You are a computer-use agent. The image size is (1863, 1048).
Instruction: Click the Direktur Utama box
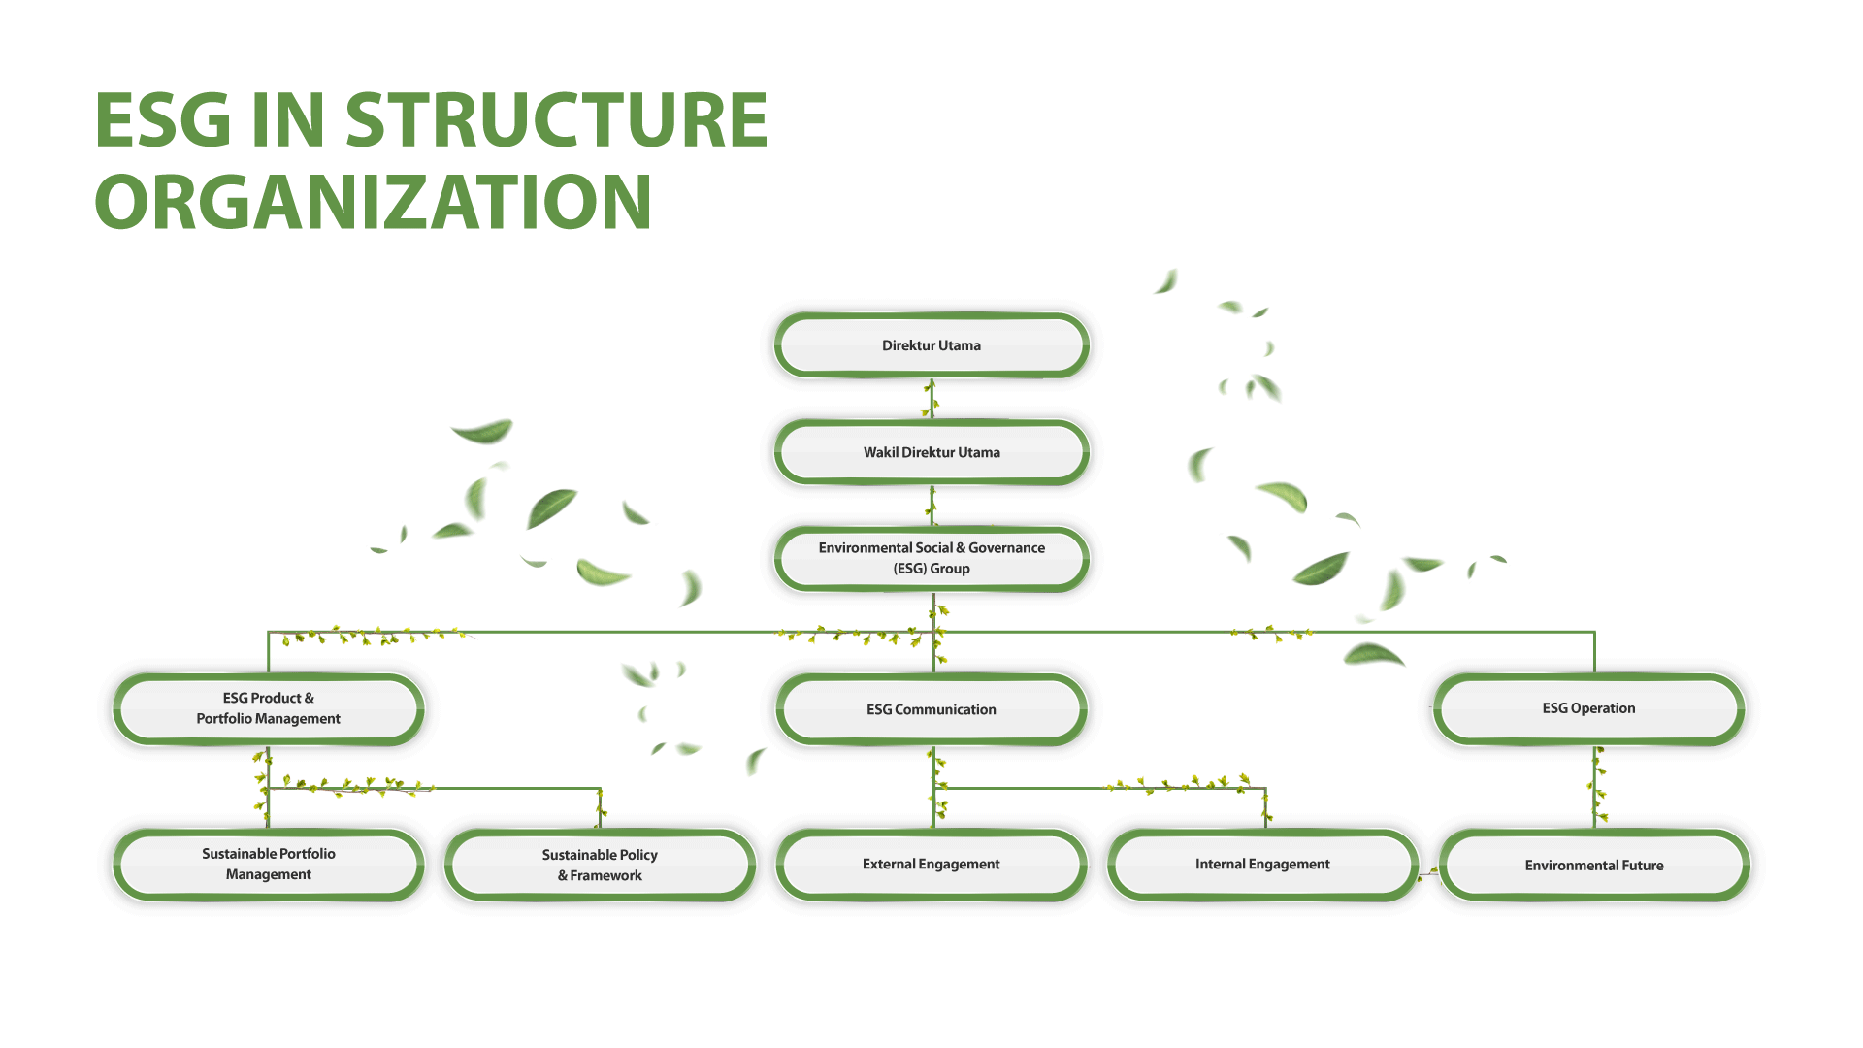(931, 345)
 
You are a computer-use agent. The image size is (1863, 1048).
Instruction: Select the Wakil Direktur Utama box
(931, 452)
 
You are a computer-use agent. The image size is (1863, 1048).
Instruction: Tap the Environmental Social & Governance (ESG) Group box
(931, 559)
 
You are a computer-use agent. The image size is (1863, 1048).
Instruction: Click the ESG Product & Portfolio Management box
(269, 708)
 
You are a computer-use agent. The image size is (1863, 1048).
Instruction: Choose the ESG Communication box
(931, 709)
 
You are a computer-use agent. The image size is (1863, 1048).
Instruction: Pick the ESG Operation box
(1588, 708)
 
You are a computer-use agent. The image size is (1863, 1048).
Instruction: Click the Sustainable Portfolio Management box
(269, 864)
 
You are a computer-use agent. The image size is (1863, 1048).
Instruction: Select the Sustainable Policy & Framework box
(600, 865)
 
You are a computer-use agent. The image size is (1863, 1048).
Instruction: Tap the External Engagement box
(931, 864)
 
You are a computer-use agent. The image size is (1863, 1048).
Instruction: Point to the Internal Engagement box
(1262, 864)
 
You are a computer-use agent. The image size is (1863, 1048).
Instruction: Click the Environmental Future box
(1594, 865)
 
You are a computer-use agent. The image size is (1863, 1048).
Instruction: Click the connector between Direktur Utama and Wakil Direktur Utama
(931, 399)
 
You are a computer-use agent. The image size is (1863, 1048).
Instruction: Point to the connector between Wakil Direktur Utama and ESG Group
(931, 506)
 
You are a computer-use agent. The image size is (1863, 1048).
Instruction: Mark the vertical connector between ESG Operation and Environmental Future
(1595, 787)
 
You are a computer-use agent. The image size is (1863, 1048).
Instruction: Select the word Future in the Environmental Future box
(1643, 866)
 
